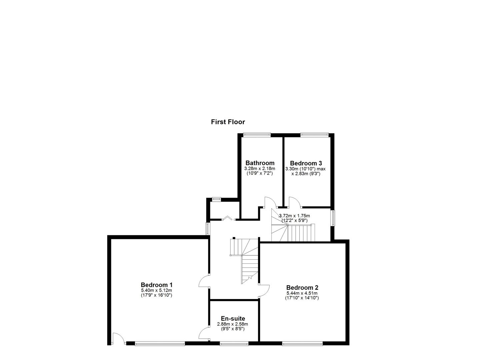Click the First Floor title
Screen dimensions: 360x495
pos(228,122)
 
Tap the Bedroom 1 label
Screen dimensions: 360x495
pos(156,285)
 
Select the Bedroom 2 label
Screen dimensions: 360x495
pos(302,288)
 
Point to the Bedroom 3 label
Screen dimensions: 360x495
pos(306,163)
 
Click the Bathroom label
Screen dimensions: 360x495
pos(260,163)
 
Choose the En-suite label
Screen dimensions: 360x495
pos(233,319)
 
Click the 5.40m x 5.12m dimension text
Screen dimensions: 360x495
pos(156,290)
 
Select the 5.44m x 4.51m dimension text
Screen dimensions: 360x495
pos(302,293)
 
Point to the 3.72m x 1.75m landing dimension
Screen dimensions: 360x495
pos(294,216)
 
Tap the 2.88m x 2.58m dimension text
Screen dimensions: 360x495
pos(232,324)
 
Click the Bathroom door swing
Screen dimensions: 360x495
pos(270,202)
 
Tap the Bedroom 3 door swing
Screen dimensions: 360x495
pos(295,202)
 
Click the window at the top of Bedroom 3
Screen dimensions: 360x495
pos(314,134)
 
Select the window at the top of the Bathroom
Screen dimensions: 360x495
pos(257,134)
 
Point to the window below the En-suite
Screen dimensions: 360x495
pos(234,343)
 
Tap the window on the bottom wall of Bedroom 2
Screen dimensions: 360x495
pos(302,343)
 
